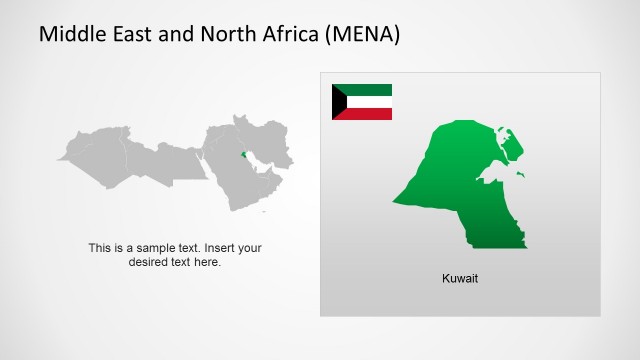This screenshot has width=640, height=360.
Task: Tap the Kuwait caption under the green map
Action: pos(460,278)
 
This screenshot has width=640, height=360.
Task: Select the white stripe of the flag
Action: pos(368,101)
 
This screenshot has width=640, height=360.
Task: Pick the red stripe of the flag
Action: pos(368,113)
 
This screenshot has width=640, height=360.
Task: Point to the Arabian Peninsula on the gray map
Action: pos(245,180)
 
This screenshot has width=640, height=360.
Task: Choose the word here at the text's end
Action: pos(208,262)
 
